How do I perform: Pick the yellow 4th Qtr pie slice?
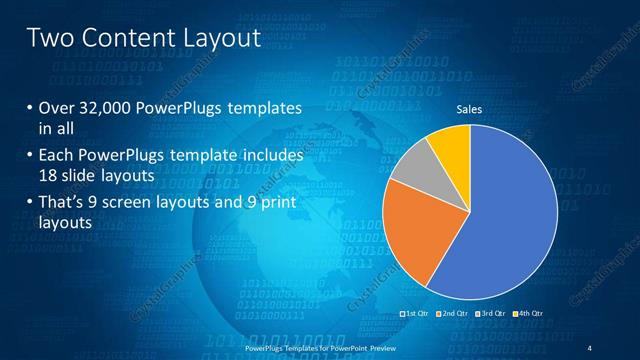tap(451, 144)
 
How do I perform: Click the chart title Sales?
tap(470, 109)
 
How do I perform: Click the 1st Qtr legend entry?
tap(415, 314)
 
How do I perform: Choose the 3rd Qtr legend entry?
tap(491, 314)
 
